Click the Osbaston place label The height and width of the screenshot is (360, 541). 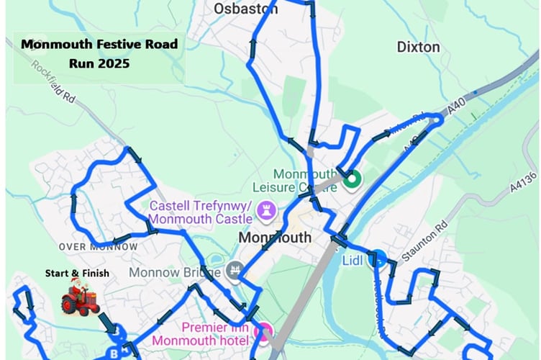click(x=246, y=9)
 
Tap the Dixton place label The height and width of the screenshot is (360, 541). click(x=418, y=47)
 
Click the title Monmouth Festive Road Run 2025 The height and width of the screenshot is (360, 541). click(x=99, y=53)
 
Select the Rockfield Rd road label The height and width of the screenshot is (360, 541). click(x=55, y=81)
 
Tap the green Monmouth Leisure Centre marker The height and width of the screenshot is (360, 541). click(x=351, y=179)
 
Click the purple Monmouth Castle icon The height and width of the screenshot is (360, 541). click(x=264, y=209)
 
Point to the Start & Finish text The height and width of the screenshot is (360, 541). click(x=77, y=273)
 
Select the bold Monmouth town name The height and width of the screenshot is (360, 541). click(x=275, y=237)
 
